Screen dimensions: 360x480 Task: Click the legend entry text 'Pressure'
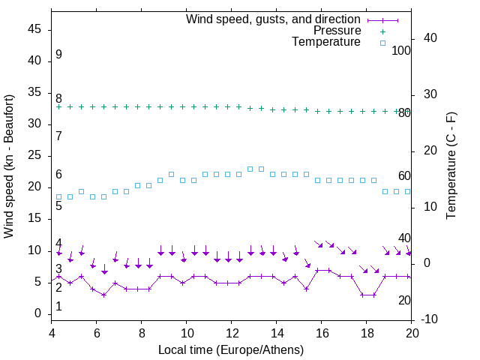click(x=337, y=31)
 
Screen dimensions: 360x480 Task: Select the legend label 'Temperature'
click(x=326, y=43)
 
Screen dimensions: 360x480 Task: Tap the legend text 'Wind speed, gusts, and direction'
click(x=274, y=19)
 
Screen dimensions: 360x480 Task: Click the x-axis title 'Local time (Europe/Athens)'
click(x=232, y=349)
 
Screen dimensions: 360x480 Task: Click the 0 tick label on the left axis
click(x=37, y=313)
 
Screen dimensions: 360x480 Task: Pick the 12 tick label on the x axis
click(x=232, y=333)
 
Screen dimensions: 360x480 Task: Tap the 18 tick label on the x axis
click(x=367, y=333)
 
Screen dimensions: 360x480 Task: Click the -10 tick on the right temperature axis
click(x=430, y=319)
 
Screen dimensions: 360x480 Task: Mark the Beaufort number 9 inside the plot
click(x=58, y=55)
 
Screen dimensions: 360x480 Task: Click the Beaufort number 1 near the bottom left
click(x=58, y=307)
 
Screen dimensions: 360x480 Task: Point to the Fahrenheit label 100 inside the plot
click(x=401, y=50)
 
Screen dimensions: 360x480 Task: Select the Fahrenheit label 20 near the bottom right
click(x=404, y=300)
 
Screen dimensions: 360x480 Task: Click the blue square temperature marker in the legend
click(x=382, y=43)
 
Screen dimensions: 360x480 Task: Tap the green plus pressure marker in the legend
click(x=382, y=31)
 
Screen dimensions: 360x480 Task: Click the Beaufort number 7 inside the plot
click(x=58, y=136)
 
